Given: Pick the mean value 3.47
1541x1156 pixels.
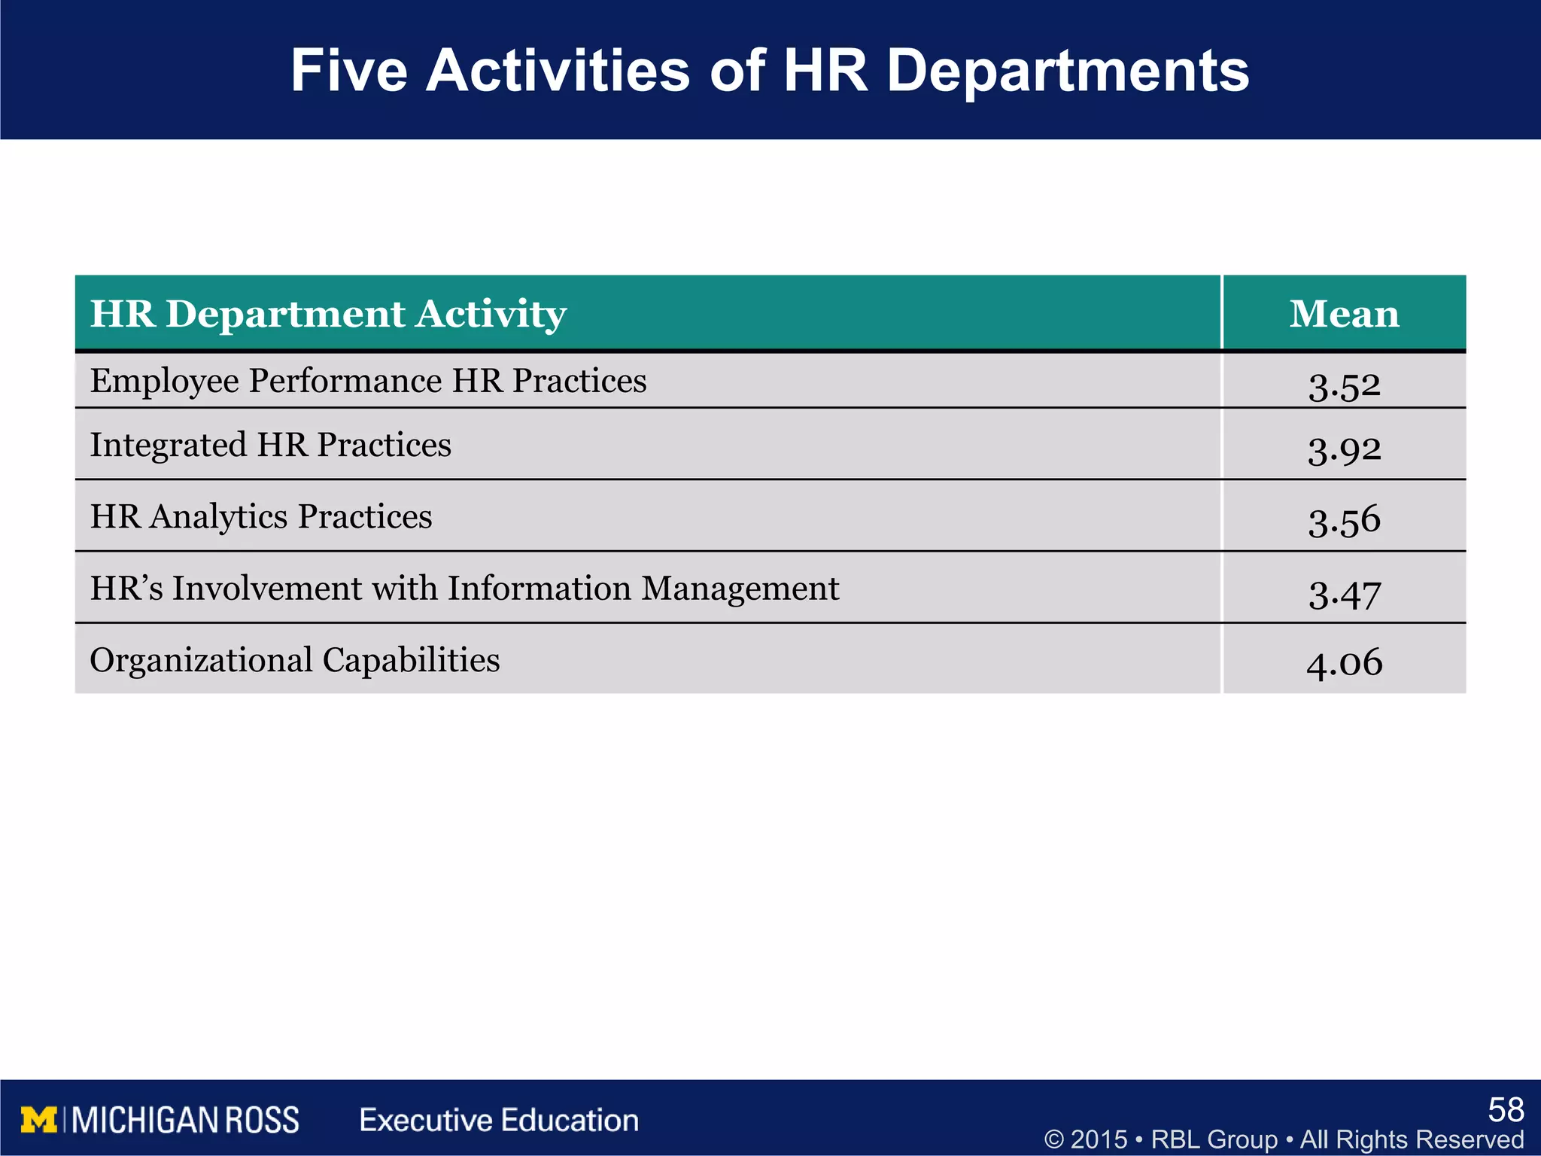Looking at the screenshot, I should [x=1344, y=594].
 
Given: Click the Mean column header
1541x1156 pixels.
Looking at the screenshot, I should [x=1344, y=313].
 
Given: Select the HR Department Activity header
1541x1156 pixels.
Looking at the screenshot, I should [x=328, y=314].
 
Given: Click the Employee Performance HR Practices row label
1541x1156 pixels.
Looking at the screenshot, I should [x=368, y=381].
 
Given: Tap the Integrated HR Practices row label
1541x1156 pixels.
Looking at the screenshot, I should [x=270, y=445].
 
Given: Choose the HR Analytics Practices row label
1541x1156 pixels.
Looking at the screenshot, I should [x=260, y=517].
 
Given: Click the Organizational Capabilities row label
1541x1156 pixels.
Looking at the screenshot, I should [x=294, y=660].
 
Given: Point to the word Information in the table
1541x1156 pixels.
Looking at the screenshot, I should [x=539, y=588].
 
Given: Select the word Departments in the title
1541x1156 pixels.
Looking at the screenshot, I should [x=1067, y=71].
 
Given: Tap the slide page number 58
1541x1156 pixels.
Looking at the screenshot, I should [x=1506, y=1109].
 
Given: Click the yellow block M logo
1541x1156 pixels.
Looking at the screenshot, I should [x=39, y=1120].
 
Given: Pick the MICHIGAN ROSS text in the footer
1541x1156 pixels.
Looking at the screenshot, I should [x=186, y=1120].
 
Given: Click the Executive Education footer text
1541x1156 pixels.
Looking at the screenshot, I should [x=499, y=1120].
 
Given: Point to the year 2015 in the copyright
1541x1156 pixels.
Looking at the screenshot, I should [x=1099, y=1139].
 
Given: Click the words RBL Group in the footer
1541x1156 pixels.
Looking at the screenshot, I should [x=1214, y=1139].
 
